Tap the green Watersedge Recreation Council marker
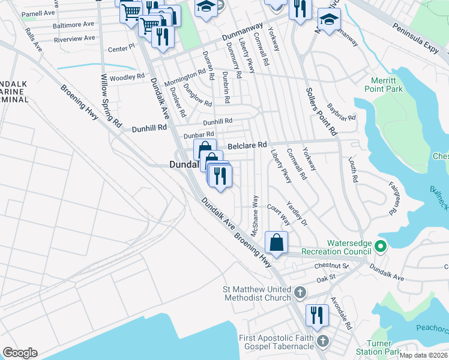coord(380,246)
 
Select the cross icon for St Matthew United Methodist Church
coord(300,293)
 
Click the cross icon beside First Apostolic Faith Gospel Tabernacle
coord(323,341)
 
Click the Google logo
coord(20,353)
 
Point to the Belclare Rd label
coord(246,145)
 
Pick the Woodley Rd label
coord(127,77)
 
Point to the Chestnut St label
coord(336,265)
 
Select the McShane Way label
coord(255,215)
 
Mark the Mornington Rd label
coord(185,78)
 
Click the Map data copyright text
coord(423,355)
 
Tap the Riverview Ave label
coord(74,38)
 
